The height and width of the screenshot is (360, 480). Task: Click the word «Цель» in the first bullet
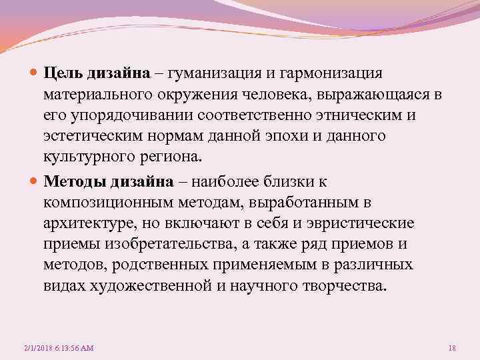pos(64,72)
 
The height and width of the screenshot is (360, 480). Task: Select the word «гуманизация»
pos(217,72)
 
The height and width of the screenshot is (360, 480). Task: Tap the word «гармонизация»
pos(333,72)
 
